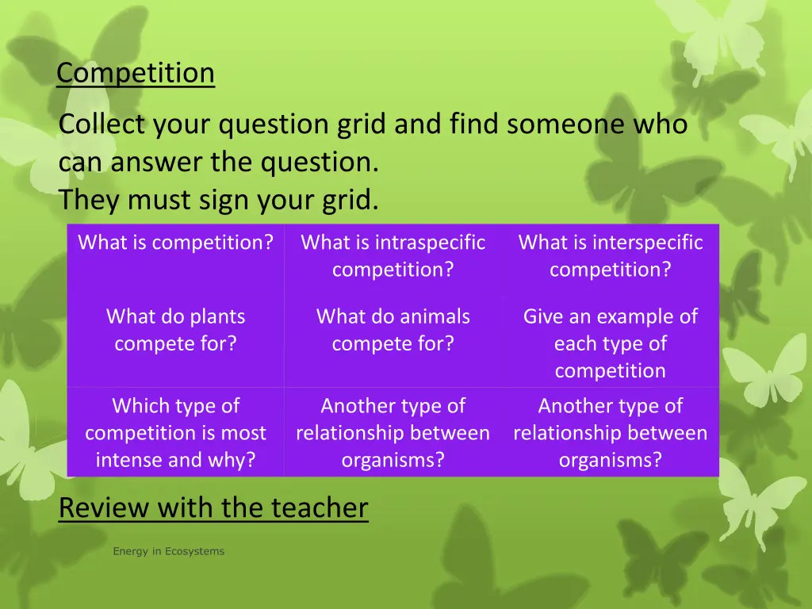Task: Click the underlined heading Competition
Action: click(x=136, y=73)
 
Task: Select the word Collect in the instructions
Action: click(x=102, y=124)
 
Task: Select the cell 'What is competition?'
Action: click(x=175, y=243)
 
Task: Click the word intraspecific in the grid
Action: click(x=430, y=243)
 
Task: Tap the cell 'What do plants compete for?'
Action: click(x=175, y=331)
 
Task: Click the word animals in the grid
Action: click(x=429, y=317)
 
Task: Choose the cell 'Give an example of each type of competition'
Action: click(x=610, y=344)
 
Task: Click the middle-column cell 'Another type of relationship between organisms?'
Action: click(x=393, y=433)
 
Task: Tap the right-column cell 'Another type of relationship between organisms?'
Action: click(x=610, y=433)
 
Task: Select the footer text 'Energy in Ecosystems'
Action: click(x=168, y=551)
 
